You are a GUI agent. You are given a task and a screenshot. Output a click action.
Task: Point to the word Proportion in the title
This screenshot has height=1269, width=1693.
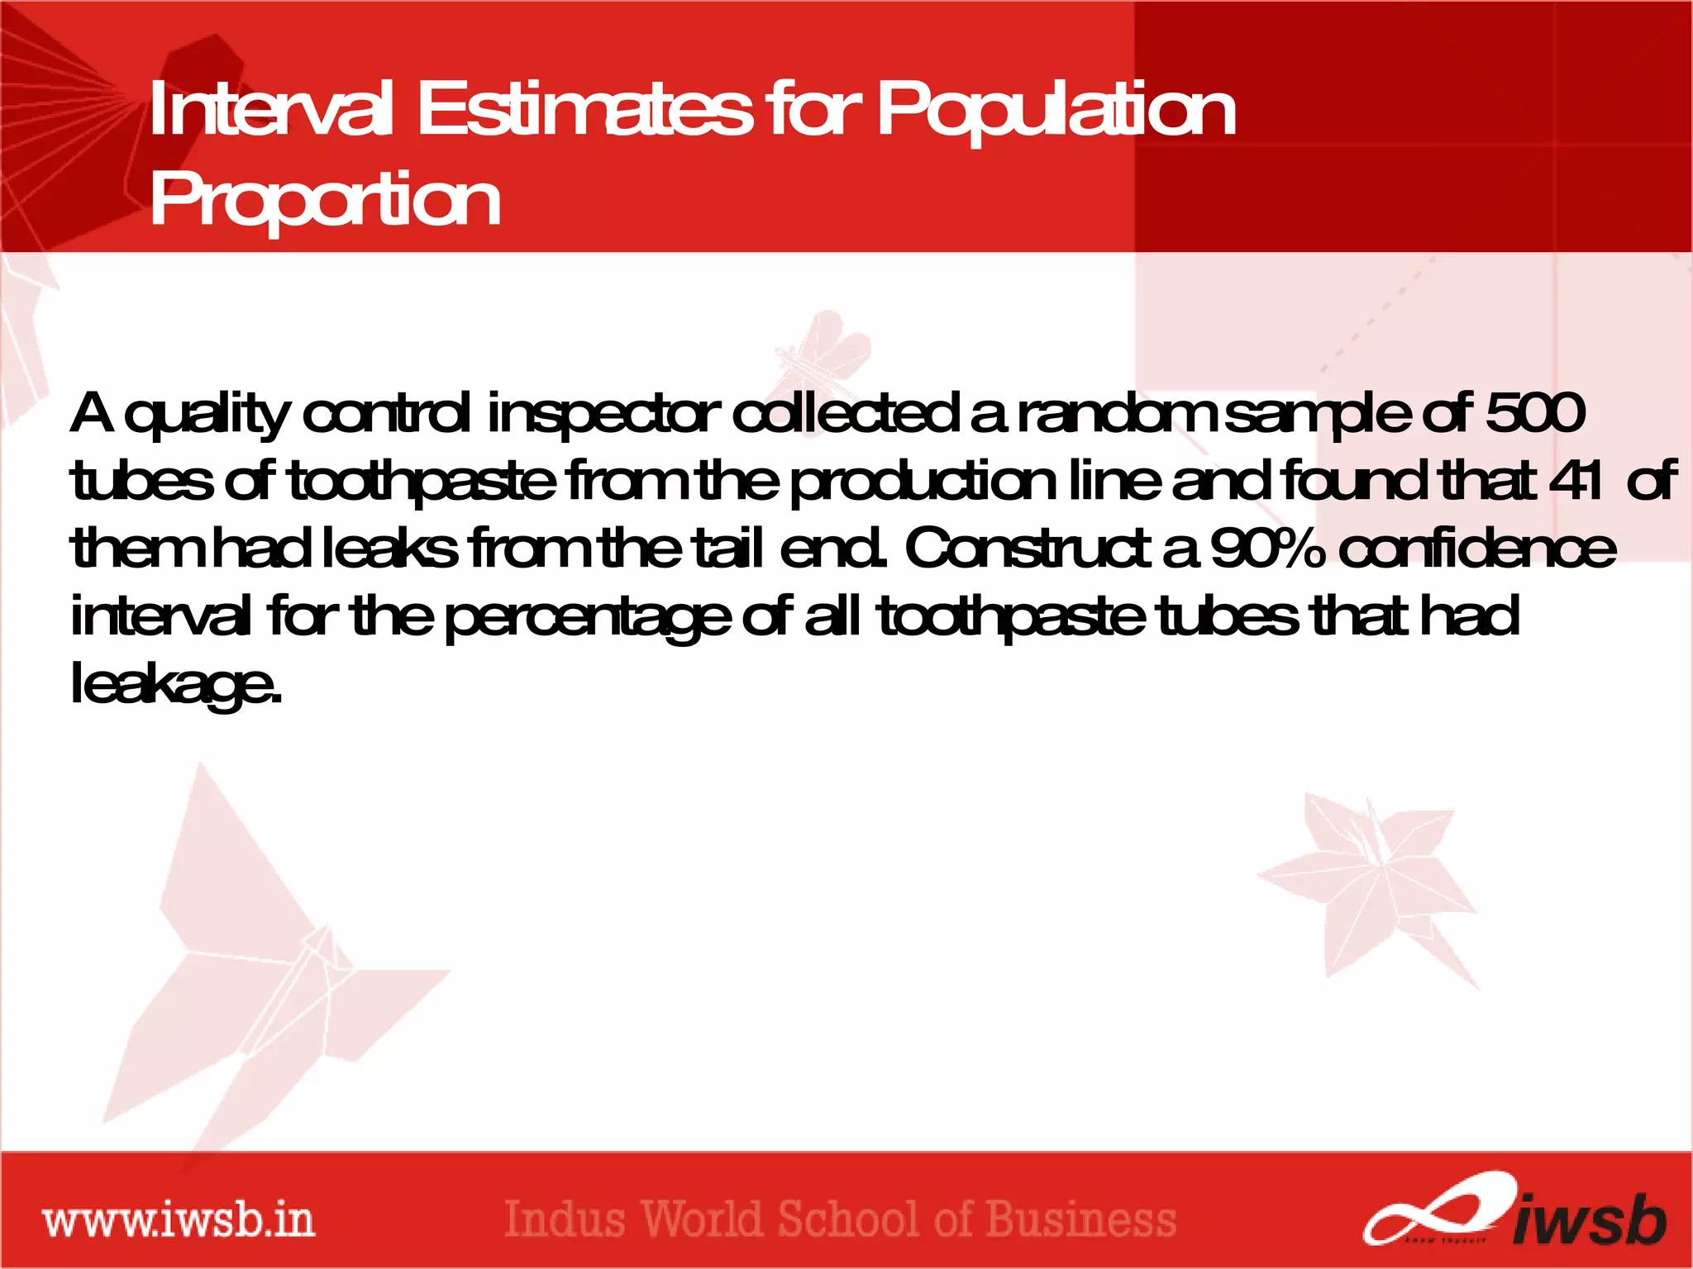pyautogui.click(x=325, y=200)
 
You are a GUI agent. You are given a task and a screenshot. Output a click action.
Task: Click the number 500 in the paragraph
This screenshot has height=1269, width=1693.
pyautogui.click(x=1535, y=412)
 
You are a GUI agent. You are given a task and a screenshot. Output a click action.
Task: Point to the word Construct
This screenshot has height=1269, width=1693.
pyautogui.click(x=1028, y=548)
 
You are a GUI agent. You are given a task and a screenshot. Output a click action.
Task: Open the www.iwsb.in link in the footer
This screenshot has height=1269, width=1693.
pyautogui.click(x=179, y=1221)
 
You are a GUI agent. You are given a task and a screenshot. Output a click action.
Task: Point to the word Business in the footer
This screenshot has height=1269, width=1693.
pyautogui.click(x=1081, y=1219)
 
